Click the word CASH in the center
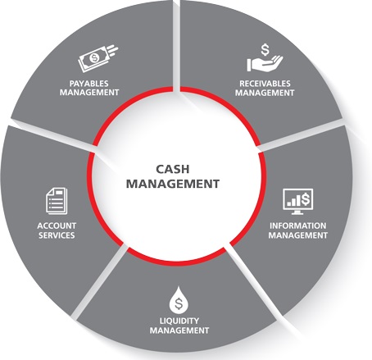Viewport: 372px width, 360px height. [x=173, y=169]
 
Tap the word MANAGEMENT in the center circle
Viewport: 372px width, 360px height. [x=173, y=184]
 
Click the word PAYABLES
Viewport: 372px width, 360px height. [x=88, y=84]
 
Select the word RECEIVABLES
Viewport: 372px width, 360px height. [x=265, y=84]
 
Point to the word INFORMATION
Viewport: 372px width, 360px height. [x=297, y=226]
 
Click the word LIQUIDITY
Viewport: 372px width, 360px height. [x=179, y=321]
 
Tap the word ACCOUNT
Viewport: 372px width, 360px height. [x=57, y=226]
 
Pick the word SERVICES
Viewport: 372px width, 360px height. [x=57, y=235]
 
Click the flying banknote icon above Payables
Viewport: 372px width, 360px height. [x=98, y=58]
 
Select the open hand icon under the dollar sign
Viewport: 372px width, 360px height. [x=265, y=64]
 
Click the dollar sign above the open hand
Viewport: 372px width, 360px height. [x=265, y=49]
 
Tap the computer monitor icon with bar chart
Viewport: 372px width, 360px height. [x=297, y=202]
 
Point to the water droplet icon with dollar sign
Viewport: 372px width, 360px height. [x=179, y=300]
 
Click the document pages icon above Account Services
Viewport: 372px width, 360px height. [x=57, y=201]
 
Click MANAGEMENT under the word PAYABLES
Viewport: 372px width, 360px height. [x=89, y=93]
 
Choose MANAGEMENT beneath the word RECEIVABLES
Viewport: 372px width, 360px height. [x=265, y=93]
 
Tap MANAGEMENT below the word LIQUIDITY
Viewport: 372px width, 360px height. [x=179, y=330]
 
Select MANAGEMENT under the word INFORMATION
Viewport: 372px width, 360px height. [x=297, y=235]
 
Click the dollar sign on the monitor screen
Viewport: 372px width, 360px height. [x=306, y=198]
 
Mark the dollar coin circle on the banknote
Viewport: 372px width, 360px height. [x=95, y=57]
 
